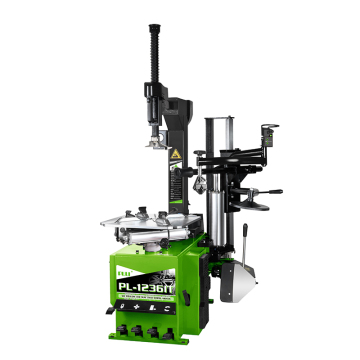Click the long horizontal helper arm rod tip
pos(280,191)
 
